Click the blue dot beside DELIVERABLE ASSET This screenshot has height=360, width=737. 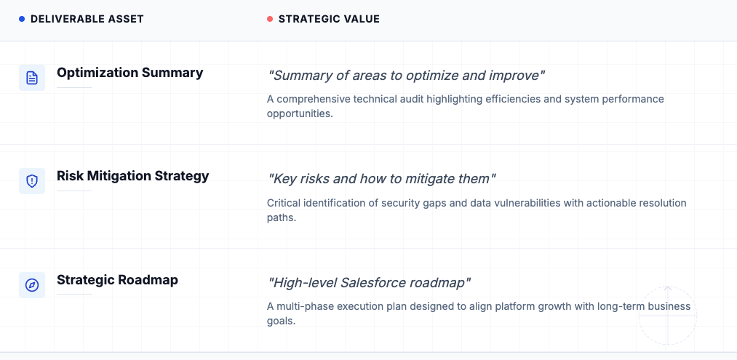22,19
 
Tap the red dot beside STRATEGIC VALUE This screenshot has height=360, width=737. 270,19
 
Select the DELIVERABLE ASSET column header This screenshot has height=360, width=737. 87,19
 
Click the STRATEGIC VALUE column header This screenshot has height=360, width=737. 329,19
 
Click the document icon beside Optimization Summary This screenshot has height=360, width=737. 32,78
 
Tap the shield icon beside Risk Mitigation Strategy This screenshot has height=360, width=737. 32,181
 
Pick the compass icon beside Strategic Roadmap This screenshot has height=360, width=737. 32,285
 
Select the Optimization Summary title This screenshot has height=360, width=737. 130,73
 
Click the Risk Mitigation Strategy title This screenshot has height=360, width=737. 132,176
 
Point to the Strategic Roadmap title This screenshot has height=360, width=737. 117,280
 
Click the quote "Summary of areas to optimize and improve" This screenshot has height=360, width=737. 406,75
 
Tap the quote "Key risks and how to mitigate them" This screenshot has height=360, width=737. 382,178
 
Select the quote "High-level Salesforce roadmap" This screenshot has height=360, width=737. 370,282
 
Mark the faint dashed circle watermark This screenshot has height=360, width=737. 667,315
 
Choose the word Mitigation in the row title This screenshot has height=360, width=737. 121,176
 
